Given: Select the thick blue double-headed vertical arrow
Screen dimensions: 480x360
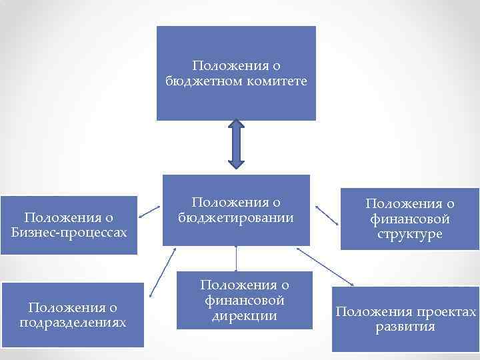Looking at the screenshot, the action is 237,143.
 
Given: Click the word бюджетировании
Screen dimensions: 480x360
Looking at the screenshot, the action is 236,217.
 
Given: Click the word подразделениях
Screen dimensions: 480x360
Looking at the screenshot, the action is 73,322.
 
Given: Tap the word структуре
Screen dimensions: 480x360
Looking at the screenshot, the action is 409,235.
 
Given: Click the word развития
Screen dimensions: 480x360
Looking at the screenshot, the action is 405,327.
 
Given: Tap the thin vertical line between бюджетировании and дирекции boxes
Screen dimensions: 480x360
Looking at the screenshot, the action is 237,258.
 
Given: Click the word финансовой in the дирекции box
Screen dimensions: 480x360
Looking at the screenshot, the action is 245,301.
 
